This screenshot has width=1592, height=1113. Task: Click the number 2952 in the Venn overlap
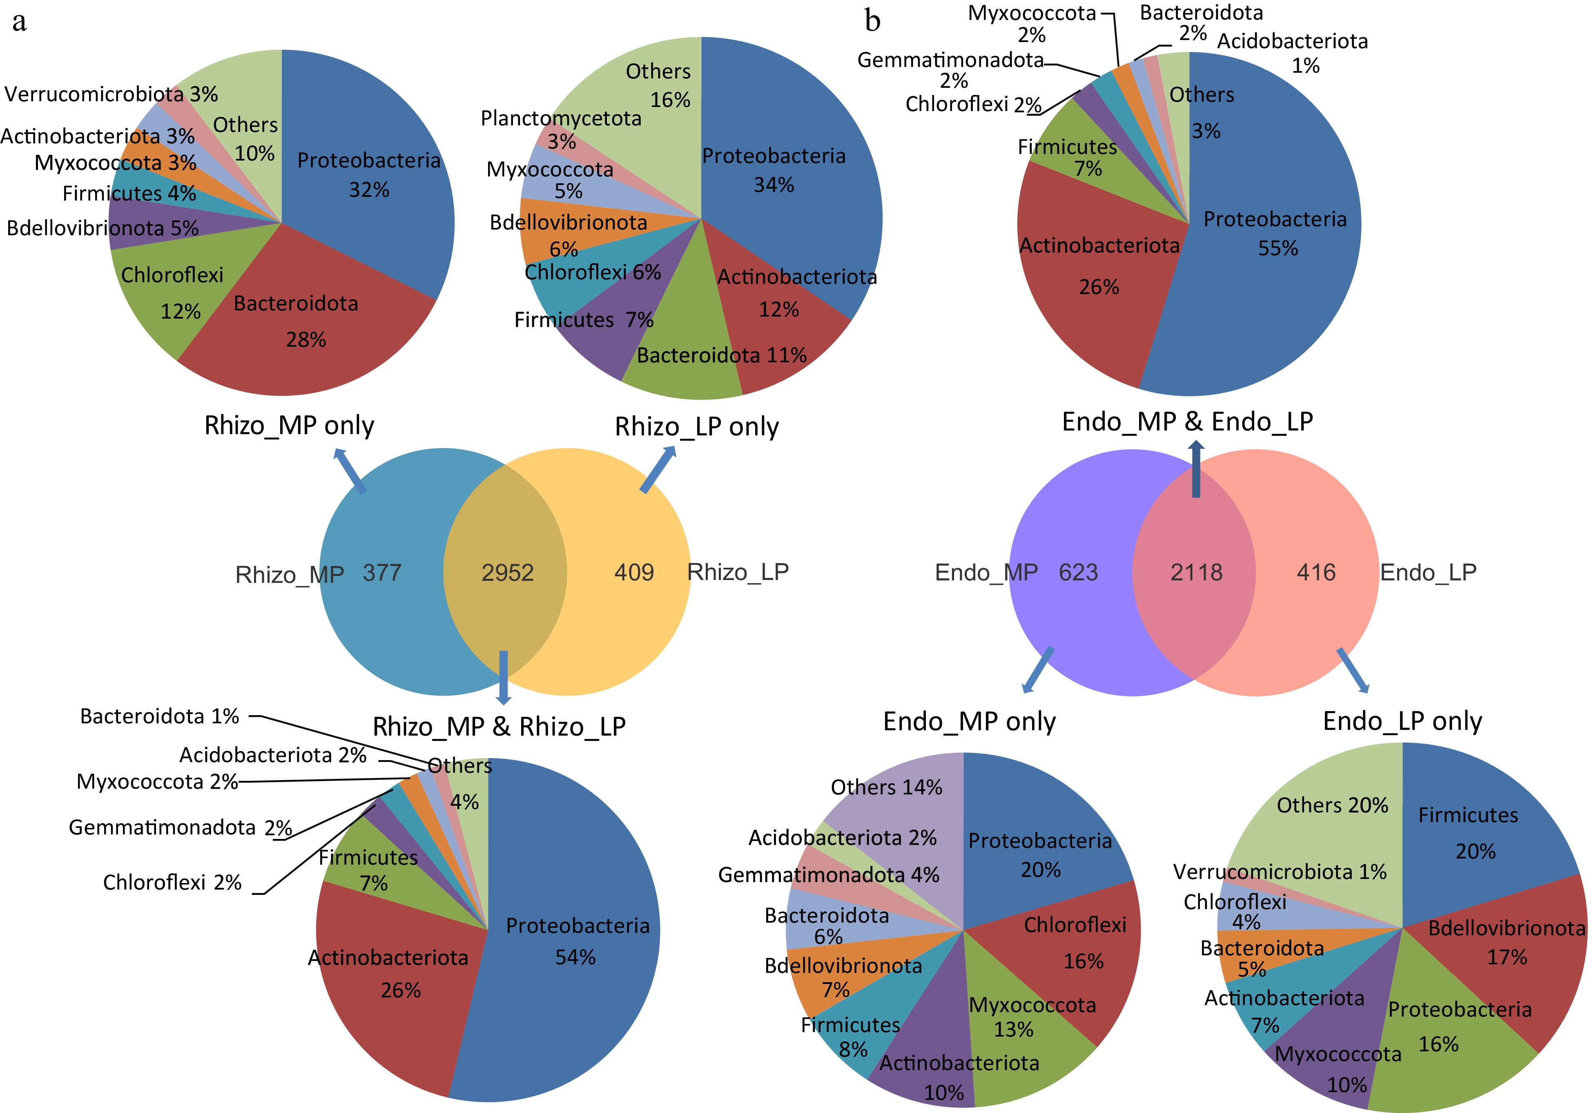[x=508, y=573]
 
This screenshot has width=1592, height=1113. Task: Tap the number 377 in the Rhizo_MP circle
[x=382, y=573]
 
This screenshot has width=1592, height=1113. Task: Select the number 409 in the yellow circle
[x=634, y=572]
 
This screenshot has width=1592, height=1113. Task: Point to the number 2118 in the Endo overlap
[x=1196, y=572]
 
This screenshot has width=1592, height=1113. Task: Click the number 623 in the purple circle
[x=1078, y=572]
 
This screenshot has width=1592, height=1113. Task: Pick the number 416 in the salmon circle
[x=1316, y=572]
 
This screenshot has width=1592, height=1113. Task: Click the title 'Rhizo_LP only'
[x=696, y=426]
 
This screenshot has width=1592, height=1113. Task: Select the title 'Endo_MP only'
[x=969, y=722]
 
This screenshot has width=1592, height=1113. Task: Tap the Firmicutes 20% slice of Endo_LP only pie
[x=1470, y=832]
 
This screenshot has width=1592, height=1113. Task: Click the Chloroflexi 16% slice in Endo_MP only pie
[x=1075, y=943]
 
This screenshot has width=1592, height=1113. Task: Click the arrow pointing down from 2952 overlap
[x=504, y=676]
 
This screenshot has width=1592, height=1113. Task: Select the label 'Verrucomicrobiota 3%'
[x=111, y=94]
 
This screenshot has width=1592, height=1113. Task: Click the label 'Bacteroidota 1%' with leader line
[x=159, y=716]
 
